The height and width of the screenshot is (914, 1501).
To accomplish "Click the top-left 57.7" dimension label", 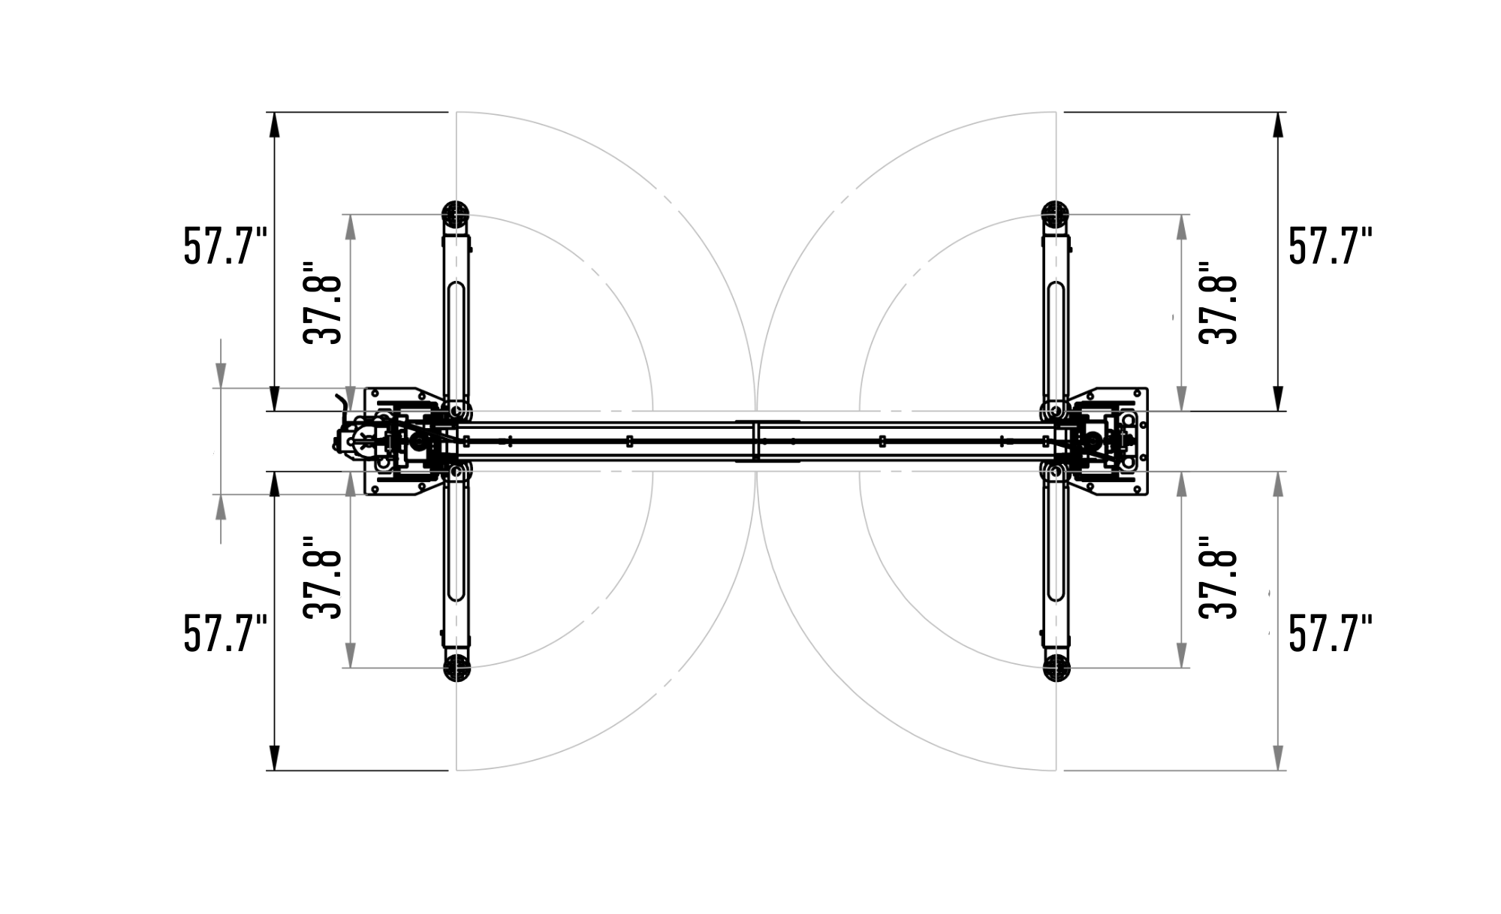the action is coord(225,245).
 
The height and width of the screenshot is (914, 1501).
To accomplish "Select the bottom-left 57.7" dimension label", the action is coord(225,633).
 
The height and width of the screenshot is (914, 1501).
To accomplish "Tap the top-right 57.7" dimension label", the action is coord(1331,245).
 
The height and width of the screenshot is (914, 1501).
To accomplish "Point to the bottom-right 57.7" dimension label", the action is coord(1331,633).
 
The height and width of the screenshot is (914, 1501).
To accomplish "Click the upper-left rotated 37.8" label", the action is coord(322,303).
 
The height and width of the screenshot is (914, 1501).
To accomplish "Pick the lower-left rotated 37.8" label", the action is coord(322,578).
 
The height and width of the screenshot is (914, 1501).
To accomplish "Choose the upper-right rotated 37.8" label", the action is coord(1217,303).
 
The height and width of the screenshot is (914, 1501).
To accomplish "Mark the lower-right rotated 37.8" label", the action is coord(1217,578).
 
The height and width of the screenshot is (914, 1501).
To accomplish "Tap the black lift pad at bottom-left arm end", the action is coord(456,668).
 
